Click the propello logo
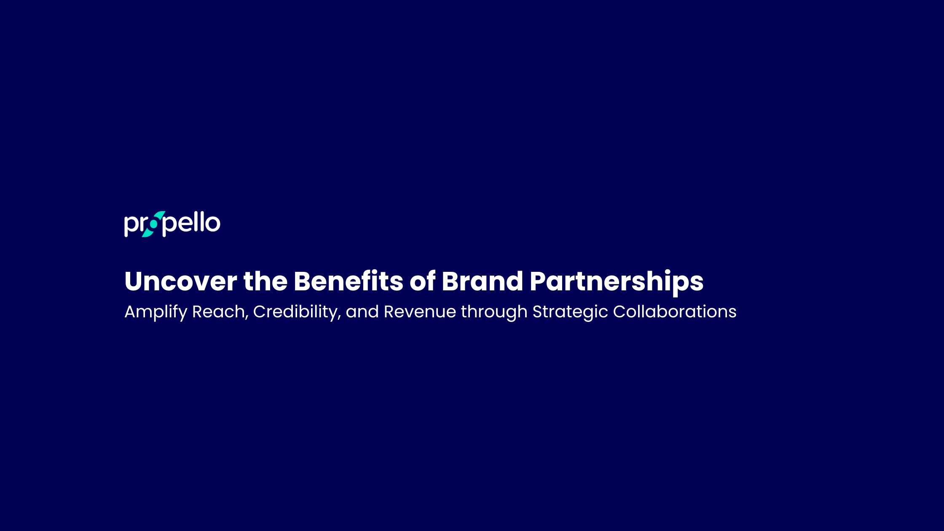172,224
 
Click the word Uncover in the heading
180,281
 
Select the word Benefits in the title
348,281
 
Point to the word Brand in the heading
482,281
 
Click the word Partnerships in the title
617,281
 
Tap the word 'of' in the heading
422,281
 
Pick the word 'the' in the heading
265,281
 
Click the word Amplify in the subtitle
156,312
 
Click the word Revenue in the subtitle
420,312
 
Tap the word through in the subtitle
494,312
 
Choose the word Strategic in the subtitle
570,312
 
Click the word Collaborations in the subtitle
674,312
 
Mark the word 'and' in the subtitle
362,312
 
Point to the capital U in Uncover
134,281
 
